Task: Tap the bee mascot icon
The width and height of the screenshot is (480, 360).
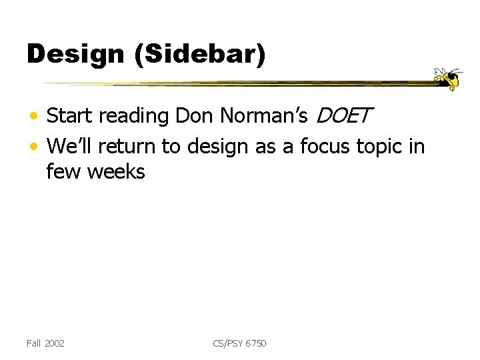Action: pyautogui.click(x=447, y=79)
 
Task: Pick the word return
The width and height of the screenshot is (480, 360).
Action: pyautogui.click(x=130, y=146)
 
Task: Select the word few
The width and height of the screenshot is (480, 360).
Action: pyautogui.click(x=63, y=172)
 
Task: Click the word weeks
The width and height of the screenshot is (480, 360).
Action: pyautogui.click(x=117, y=172)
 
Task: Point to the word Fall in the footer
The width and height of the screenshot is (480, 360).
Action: pyautogui.click(x=33, y=343)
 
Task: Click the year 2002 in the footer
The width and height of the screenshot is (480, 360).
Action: pyautogui.click(x=55, y=343)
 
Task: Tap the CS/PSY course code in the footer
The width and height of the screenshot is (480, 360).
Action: pyautogui.click(x=228, y=343)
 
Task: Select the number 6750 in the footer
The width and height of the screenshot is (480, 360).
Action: pyautogui.click(x=256, y=343)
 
